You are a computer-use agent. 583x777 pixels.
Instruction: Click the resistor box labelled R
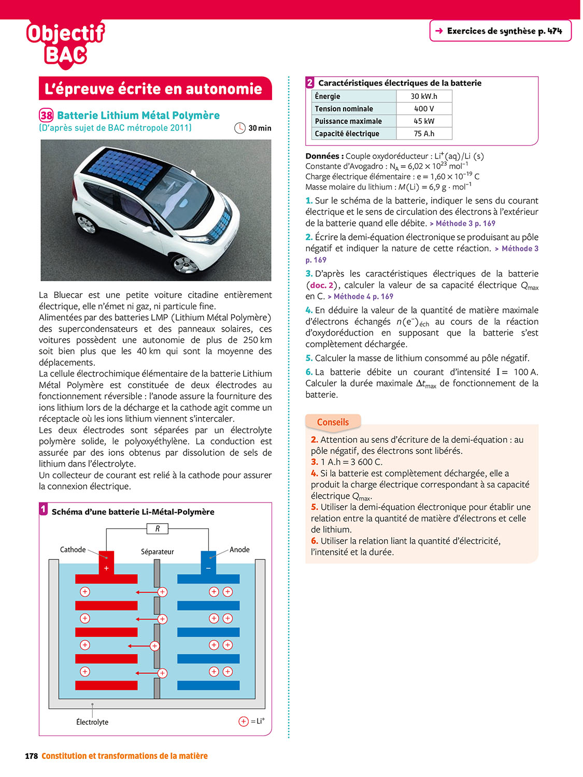point(158,529)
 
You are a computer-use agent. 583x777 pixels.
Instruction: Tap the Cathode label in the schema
point(73,550)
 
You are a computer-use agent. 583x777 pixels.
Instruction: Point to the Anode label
point(239,550)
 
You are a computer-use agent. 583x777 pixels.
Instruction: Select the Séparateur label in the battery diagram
point(157,552)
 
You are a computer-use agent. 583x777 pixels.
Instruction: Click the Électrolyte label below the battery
point(92,722)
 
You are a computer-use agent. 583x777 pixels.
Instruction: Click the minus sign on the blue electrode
point(208,568)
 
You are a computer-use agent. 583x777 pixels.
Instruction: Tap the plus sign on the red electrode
point(106,568)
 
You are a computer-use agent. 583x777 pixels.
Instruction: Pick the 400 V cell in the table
point(424,109)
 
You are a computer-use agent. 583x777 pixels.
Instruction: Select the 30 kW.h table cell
point(424,96)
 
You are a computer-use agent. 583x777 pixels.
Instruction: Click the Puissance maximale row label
point(348,121)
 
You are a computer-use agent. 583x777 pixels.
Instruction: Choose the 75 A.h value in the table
point(424,134)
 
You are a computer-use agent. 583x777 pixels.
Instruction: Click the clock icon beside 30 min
point(240,128)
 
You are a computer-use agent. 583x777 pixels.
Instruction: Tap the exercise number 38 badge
point(46,116)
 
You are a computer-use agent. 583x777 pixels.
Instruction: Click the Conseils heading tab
point(333,422)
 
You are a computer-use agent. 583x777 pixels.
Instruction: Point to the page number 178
point(31,756)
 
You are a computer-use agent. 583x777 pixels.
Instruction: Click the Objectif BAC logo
point(65,44)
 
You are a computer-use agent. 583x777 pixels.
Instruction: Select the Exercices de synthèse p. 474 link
point(500,31)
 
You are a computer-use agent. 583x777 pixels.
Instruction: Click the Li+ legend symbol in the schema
point(244,721)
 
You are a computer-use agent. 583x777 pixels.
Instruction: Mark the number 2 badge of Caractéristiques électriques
point(310,83)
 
